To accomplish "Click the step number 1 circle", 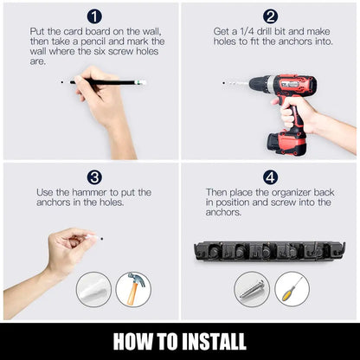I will pyautogui.click(x=94, y=16).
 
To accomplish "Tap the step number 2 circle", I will pyautogui.click(x=271, y=16).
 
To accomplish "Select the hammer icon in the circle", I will pyautogui.click(x=132, y=289).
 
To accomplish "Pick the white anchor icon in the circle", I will pyautogui.click(x=93, y=289).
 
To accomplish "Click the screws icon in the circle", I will pyautogui.click(x=252, y=289).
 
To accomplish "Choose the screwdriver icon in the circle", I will pyautogui.click(x=292, y=289).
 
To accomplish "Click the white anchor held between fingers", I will pyautogui.click(x=89, y=235).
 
